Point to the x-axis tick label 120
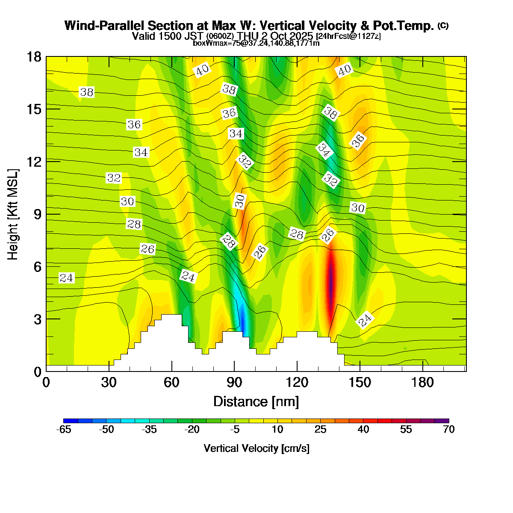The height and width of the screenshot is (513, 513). (297, 383)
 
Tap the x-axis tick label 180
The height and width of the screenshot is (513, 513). (423, 383)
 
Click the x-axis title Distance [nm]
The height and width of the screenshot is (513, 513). (256, 402)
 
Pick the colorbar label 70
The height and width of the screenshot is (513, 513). (448, 430)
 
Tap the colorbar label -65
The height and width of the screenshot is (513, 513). (64, 430)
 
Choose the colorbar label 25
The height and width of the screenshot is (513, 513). (320, 430)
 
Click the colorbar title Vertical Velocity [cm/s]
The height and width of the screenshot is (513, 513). (256, 448)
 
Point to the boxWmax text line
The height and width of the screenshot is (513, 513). (256, 43)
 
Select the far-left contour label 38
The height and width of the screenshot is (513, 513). (87, 92)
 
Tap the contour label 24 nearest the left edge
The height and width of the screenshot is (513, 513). (66, 278)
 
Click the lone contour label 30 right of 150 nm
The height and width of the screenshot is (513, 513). (358, 208)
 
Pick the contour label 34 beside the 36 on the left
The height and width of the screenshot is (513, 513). (141, 152)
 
